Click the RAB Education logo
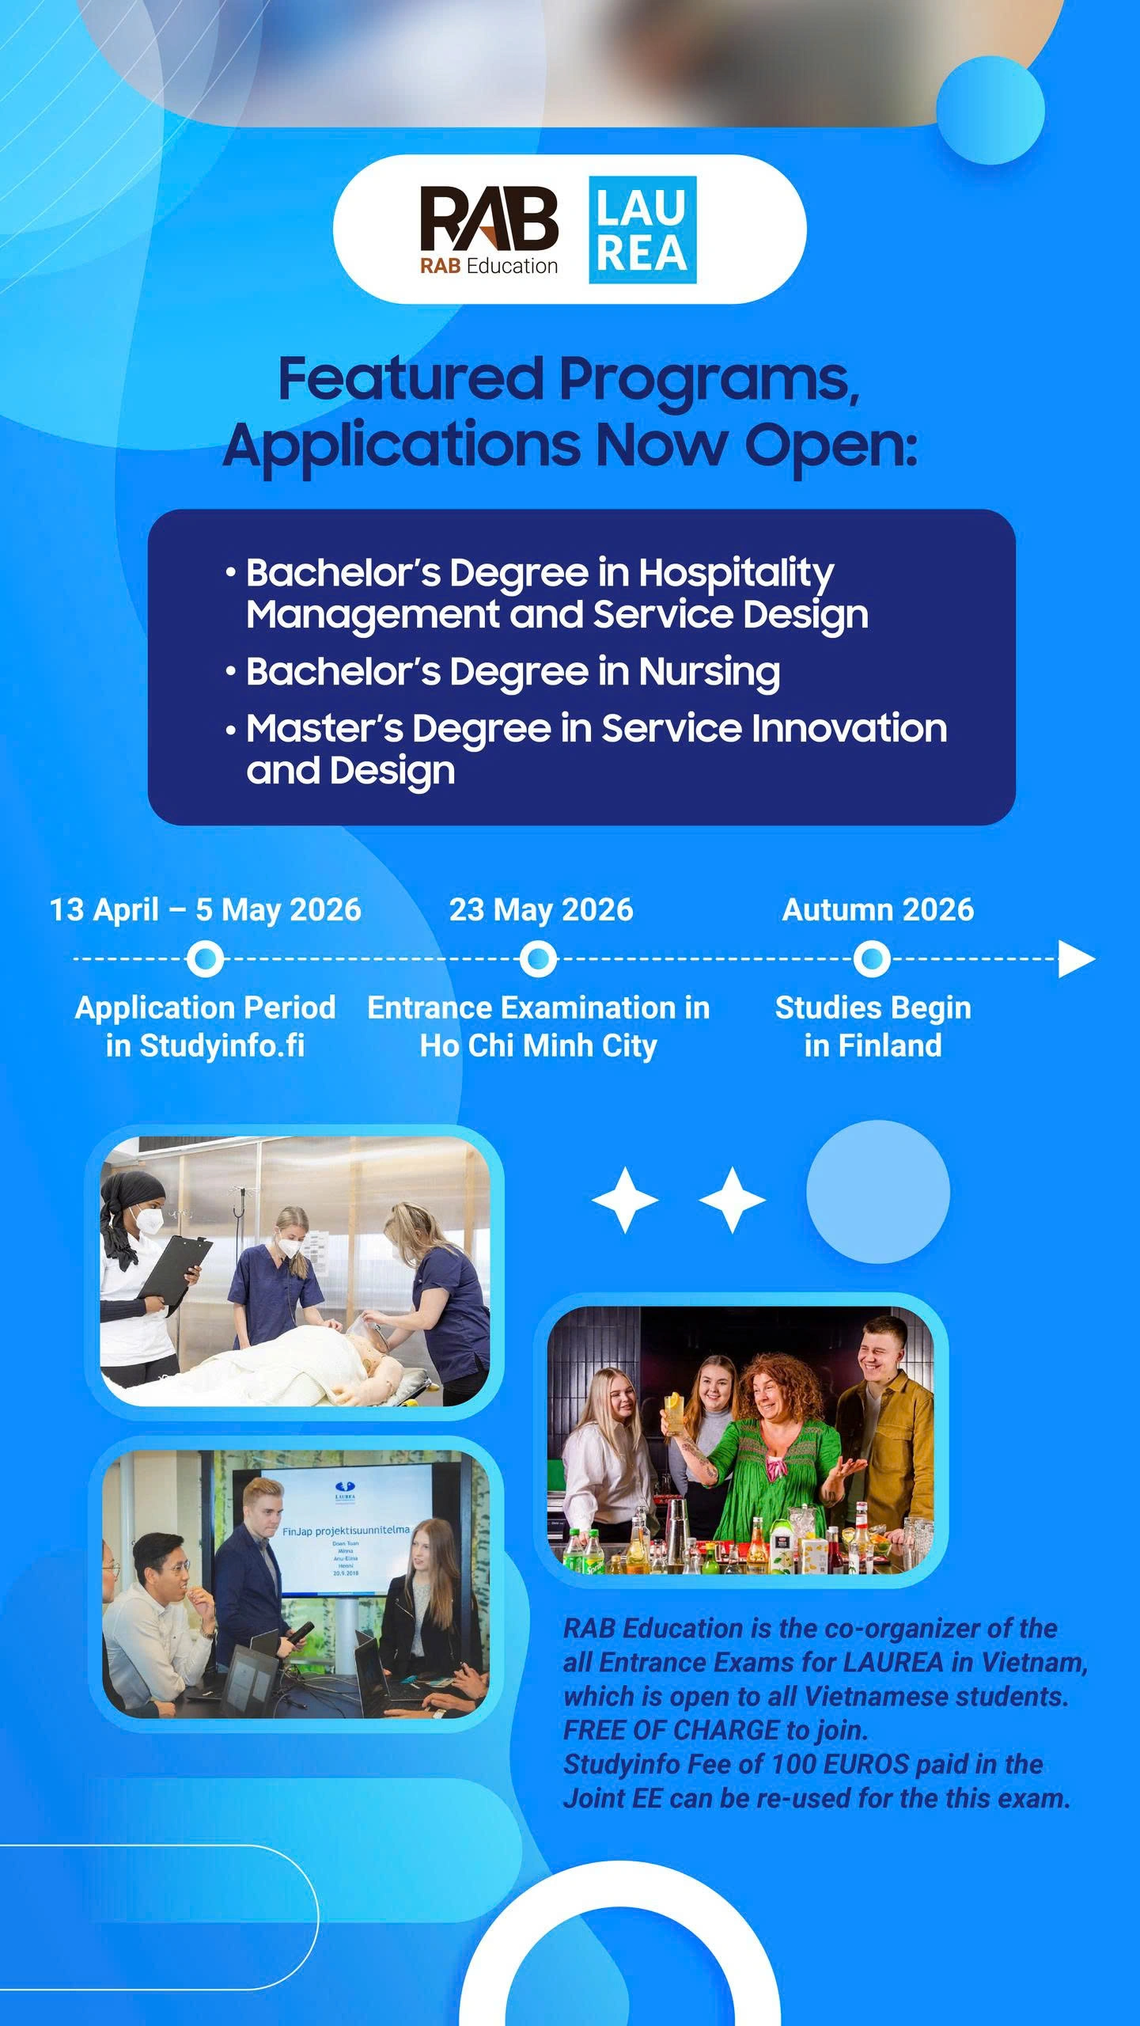489,230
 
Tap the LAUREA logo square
642,230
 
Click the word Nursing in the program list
709,672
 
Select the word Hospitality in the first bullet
736,573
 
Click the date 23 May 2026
541,909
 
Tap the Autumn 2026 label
877,909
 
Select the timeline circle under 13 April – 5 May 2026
205,959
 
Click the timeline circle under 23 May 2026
539,959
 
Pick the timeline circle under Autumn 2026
872,959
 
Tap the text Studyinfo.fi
222,1045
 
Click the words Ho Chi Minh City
538,1045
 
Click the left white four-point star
625,1200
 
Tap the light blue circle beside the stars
877,1191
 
